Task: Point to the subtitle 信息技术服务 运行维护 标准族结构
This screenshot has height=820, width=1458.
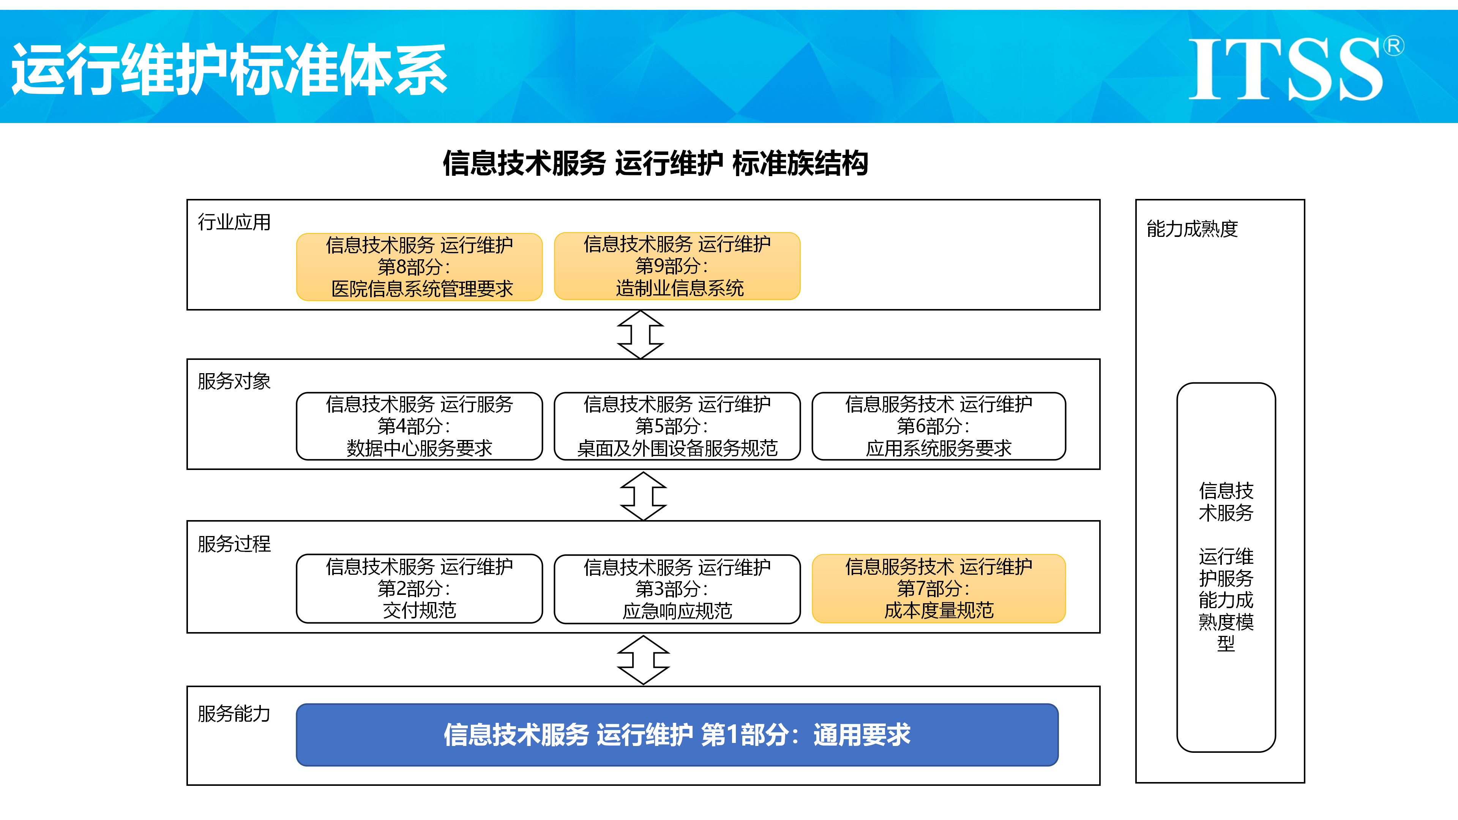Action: coord(655,164)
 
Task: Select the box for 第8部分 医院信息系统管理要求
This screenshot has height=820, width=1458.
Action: coord(420,266)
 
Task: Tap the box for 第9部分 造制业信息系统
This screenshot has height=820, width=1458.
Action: coord(677,266)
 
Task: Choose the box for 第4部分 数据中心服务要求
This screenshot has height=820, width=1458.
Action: coord(420,426)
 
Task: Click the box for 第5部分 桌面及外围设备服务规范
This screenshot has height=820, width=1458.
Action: coord(677,426)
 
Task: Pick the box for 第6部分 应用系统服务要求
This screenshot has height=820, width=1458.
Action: coord(939,426)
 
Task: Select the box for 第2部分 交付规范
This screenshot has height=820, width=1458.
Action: coord(420,588)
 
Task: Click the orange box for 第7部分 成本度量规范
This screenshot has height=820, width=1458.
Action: coord(939,588)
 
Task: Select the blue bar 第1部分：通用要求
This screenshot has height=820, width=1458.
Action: coord(677,735)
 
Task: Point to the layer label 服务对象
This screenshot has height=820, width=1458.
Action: coord(234,382)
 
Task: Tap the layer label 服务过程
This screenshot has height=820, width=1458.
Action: coord(234,544)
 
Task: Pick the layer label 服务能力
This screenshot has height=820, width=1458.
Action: coord(234,714)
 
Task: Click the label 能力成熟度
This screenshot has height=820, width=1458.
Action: coord(1192,229)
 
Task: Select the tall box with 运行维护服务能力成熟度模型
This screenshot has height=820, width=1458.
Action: coord(1226,567)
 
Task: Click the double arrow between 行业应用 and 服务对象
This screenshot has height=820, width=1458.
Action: coord(640,334)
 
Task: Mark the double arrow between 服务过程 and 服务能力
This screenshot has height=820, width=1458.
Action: coord(643,660)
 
